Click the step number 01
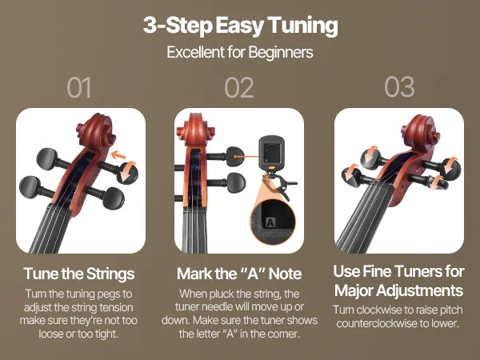[x=79, y=87]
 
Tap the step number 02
[x=239, y=87]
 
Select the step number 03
[x=399, y=87]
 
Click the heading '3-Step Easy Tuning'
[x=240, y=26]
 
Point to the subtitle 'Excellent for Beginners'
[x=240, y=52]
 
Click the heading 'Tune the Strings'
[x=79, y=274]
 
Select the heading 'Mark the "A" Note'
[x=239, y=274]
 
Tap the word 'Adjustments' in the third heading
[x=419, y=290]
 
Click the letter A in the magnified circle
[x=270, y=222]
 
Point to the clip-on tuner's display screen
[x=271, y=153]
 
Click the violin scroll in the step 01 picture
[x=97, y=132]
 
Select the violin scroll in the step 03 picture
[x=424, y=132]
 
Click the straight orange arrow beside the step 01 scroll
[x=118, y=155]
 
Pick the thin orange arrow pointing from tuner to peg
[x=246, y=157]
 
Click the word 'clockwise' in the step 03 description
[x=378, y=310]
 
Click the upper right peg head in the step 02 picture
[x=235, y=156]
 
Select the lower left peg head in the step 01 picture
[x=30, y=187]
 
